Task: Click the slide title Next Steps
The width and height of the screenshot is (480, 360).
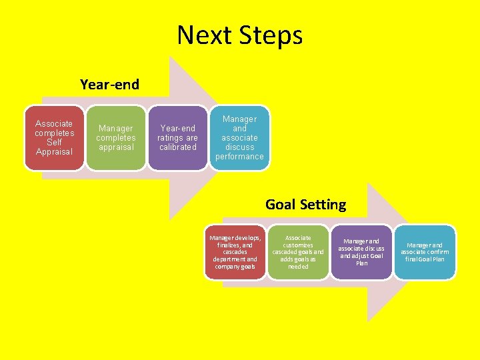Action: point(239,35)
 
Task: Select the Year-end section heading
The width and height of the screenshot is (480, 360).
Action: point(109,85)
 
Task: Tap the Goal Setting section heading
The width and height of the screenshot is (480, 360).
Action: point(305,204)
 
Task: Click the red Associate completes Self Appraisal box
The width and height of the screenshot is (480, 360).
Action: point(55,137)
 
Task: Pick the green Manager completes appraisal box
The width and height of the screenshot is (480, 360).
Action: point(116,137)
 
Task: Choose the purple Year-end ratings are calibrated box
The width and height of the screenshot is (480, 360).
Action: point(177,137)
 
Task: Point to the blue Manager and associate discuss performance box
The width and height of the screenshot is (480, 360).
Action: point(239,137)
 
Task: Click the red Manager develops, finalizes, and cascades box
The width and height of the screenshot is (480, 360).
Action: point(235,252)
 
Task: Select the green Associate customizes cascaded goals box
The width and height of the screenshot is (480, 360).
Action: point(298,252)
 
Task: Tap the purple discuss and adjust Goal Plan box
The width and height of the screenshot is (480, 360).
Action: point(361,252)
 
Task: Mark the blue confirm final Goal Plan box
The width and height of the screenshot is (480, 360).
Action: point(425,252)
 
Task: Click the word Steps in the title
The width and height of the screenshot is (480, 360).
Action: point(271,35)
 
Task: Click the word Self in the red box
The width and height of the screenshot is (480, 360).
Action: point(55,142)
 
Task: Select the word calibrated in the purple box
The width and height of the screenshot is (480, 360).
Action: point(177,147)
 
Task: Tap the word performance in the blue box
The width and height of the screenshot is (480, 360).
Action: point(239,157)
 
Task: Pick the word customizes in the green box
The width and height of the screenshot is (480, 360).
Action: point(298,245)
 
